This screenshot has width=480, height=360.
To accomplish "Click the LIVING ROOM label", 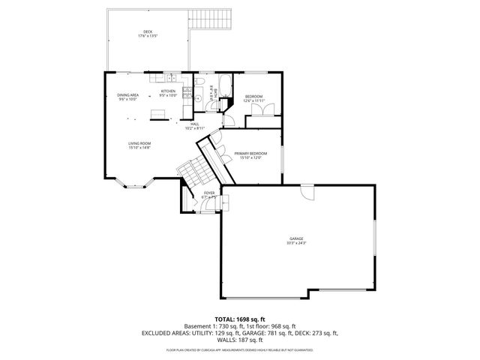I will click(x=139, y=145).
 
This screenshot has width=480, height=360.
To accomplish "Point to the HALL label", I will click(x=194, y=124).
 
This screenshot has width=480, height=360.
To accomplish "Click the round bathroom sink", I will click(x=198, y=97).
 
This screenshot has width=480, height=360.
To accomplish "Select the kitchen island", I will click(x=157, y=114).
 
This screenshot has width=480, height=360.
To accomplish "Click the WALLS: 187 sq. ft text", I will click(x=240, y=339).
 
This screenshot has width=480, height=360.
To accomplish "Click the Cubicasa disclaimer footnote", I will click(x=240, y=350).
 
